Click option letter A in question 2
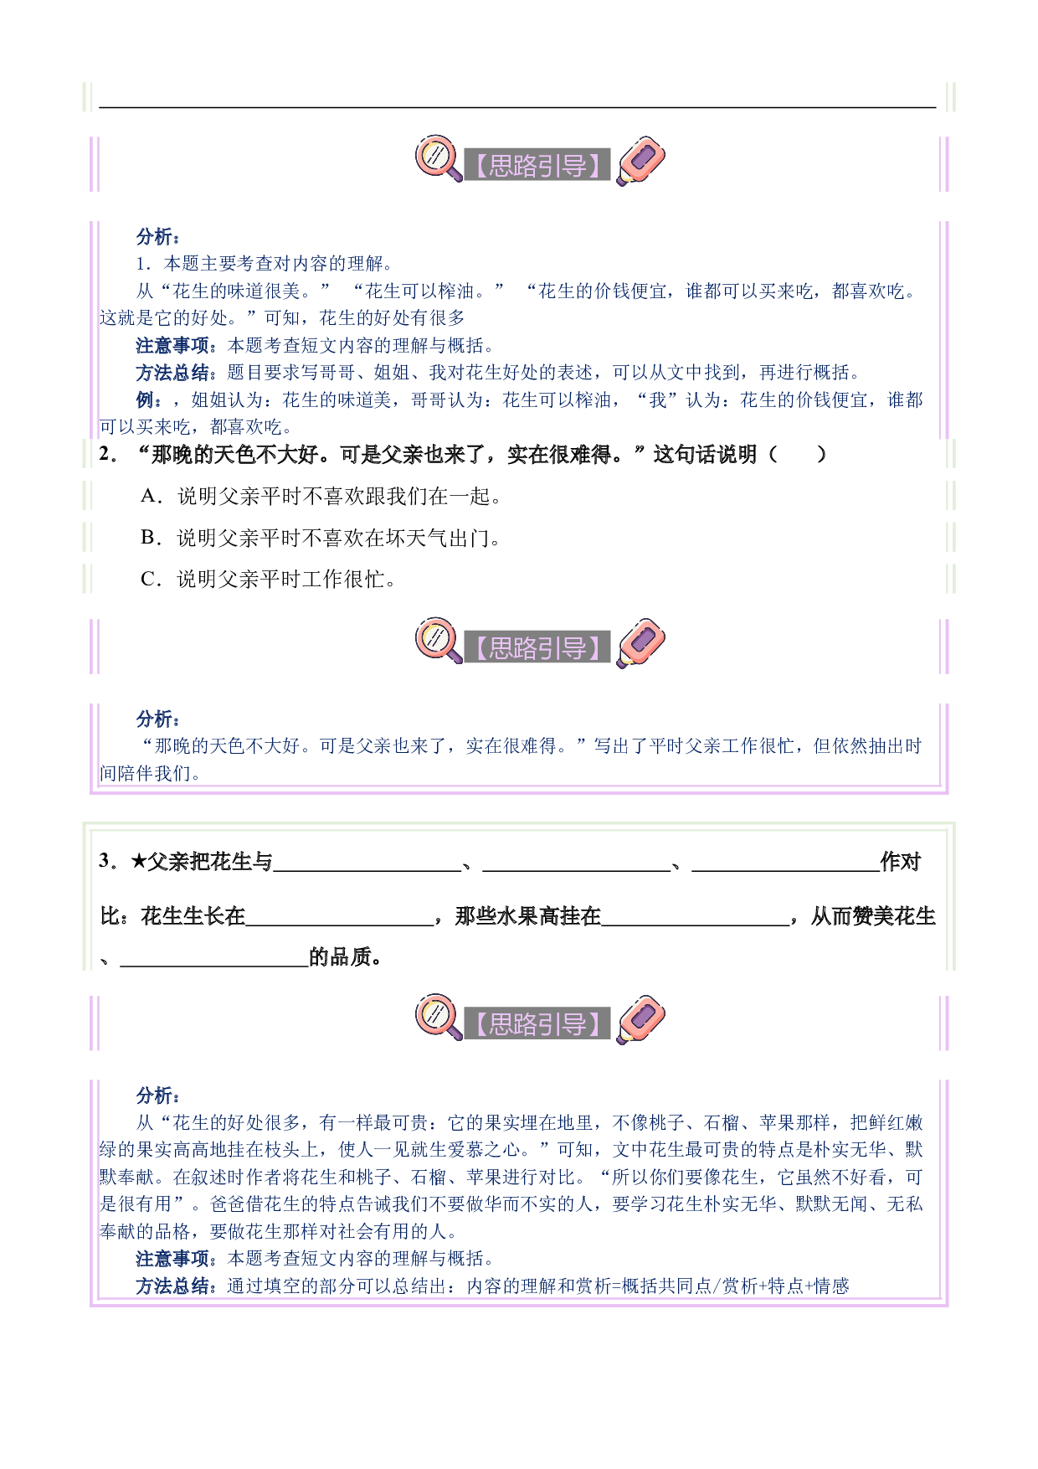150,497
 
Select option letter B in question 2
150,538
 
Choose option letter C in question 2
150,579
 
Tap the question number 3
106,861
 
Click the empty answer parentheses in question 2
797,455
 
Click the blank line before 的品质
214,965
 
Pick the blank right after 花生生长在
340,924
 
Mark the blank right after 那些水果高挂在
696,924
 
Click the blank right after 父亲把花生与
367,870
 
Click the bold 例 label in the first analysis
149,400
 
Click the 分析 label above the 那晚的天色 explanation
157,719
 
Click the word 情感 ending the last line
831,1286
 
